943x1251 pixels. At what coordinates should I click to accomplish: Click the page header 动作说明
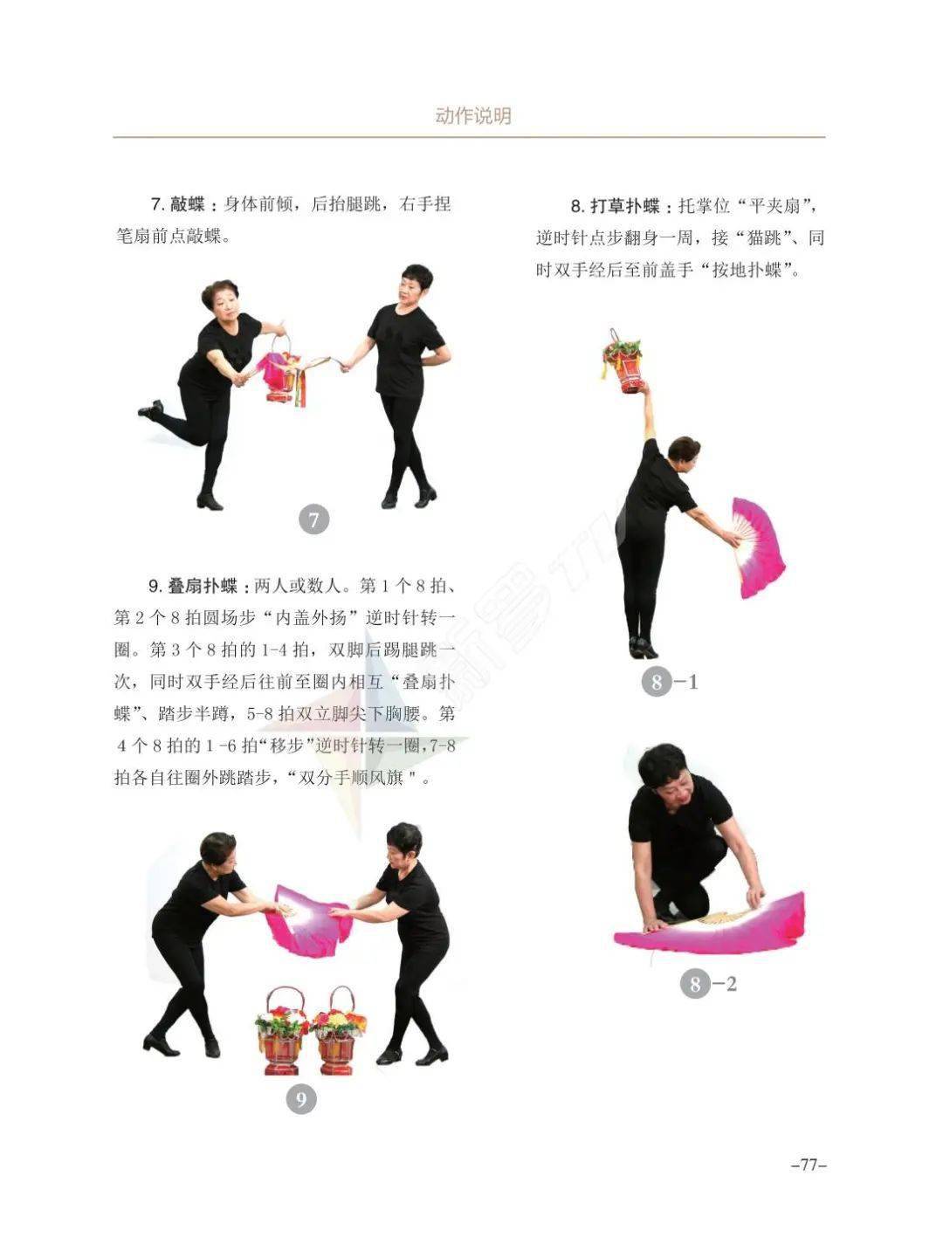[472, 116]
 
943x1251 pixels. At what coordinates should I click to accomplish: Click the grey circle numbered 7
[314, 519]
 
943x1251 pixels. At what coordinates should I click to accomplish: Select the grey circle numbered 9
[301, 1099]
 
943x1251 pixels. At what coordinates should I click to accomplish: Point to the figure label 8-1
[669, 682]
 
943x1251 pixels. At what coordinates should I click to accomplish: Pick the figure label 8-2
[707, 984]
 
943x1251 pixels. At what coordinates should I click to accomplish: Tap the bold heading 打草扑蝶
[624, 206]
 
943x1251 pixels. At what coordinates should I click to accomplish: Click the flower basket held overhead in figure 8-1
[623, 363]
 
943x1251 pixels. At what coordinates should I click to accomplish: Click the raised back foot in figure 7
[150, 409]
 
